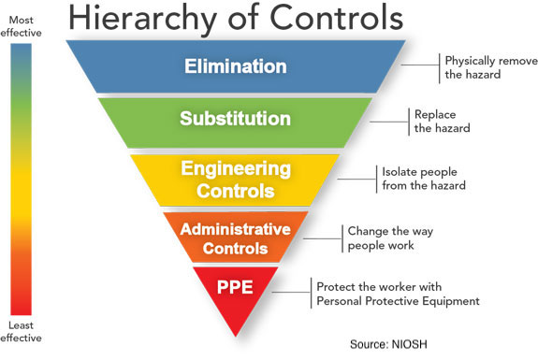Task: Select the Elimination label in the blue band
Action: pyautogui.click(x=236, y=65)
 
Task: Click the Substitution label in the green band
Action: pyautogui.click(x=236, y=118)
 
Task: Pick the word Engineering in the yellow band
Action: pyautogui.click(x=236, y=169)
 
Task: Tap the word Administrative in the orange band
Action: pyautogui.click(x=236, y=229)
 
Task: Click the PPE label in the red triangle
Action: pyautogui.click(x=235, y=287)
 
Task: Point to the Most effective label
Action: pyautogui.click(x=21, y=26)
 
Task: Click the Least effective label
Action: pyautogui.click(x=21, y=331)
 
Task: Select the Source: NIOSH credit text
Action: pyautogui.click(x=388, y=344)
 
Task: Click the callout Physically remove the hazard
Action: pyautogui.click(x=491, y=67)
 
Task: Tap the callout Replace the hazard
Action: pyautogui.click(x=442, y=121)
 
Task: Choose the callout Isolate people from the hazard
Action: pyautogui.click(x=424, y=179)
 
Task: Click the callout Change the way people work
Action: pyautogui.click(x=390, y=238)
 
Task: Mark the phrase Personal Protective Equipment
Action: pyautogui.click(x=398, y=301)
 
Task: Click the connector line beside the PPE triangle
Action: pyautogui.click(x=292, y=293)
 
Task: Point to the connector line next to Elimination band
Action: pyautogui.click(x=420, y=65)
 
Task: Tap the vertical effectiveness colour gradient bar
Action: pyautogui.click(x=21, y=179)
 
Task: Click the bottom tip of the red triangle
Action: pyautogui.click(x=236, y=337)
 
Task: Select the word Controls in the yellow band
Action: pyautogui.click(x=236, y=191)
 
